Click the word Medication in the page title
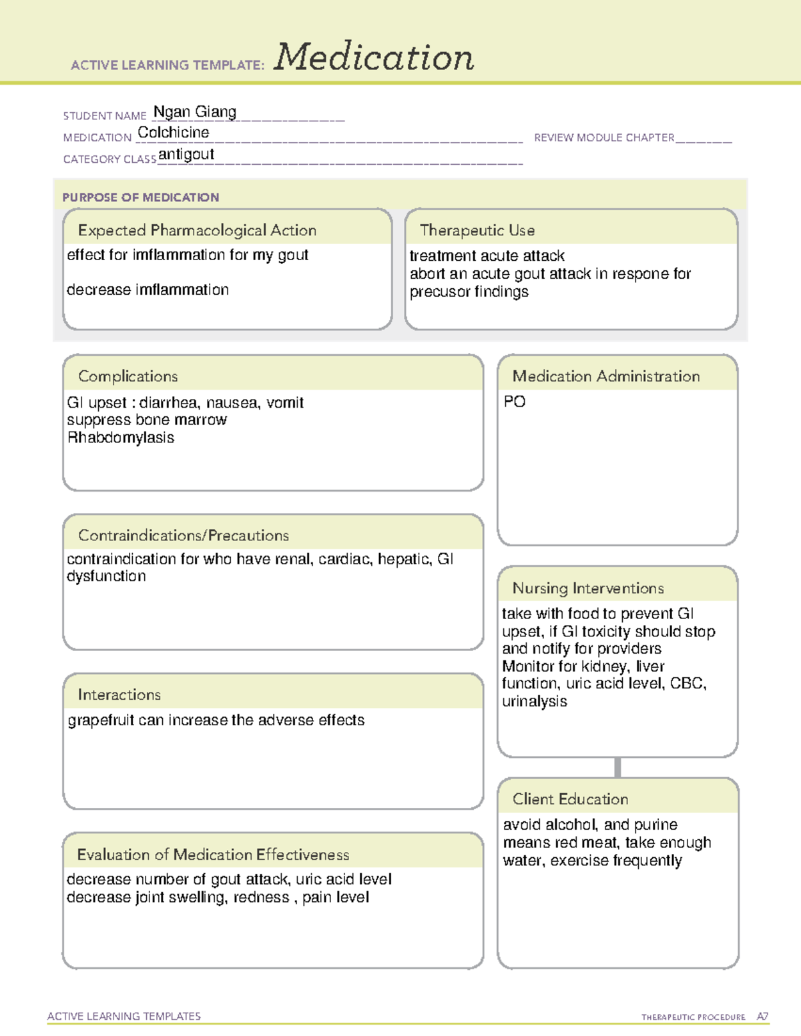pyautogui.click(x=374, y=57)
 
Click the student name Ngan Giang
pyautogui.click(x=195, y=112)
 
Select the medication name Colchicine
pyautogui.click(x=174, y=133)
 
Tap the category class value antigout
pyautogui.click(x=186, y=155)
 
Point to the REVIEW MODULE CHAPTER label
pyautogui.click(x=604, y=138)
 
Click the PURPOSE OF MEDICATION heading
pyautogui.click(x=141, y=197)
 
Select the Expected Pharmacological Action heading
pyautogui.click(x=197, y=231)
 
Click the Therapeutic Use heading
pyautogui.click(x=477, y=231)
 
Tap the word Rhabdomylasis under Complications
pyautogui.click(x=121, y=438)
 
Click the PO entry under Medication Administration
pyautogui.click(x=515, y=402)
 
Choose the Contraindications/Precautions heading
pyautogui.click(x=184, y=536)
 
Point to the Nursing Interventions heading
pyautogui.click(x=588, y=588)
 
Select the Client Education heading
pyautogui.click(x=570, y=799)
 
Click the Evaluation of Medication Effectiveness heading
pyautogui.click(x=213, y=855)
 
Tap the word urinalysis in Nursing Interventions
pyautogui.click(x=535, y=702)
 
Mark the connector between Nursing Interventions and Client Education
pyautogui.click(x=617, y=768)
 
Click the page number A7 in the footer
pyautogui.click(x=762, y=1017)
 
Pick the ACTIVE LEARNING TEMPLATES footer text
pyautogui.click(x=124, y=1016)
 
